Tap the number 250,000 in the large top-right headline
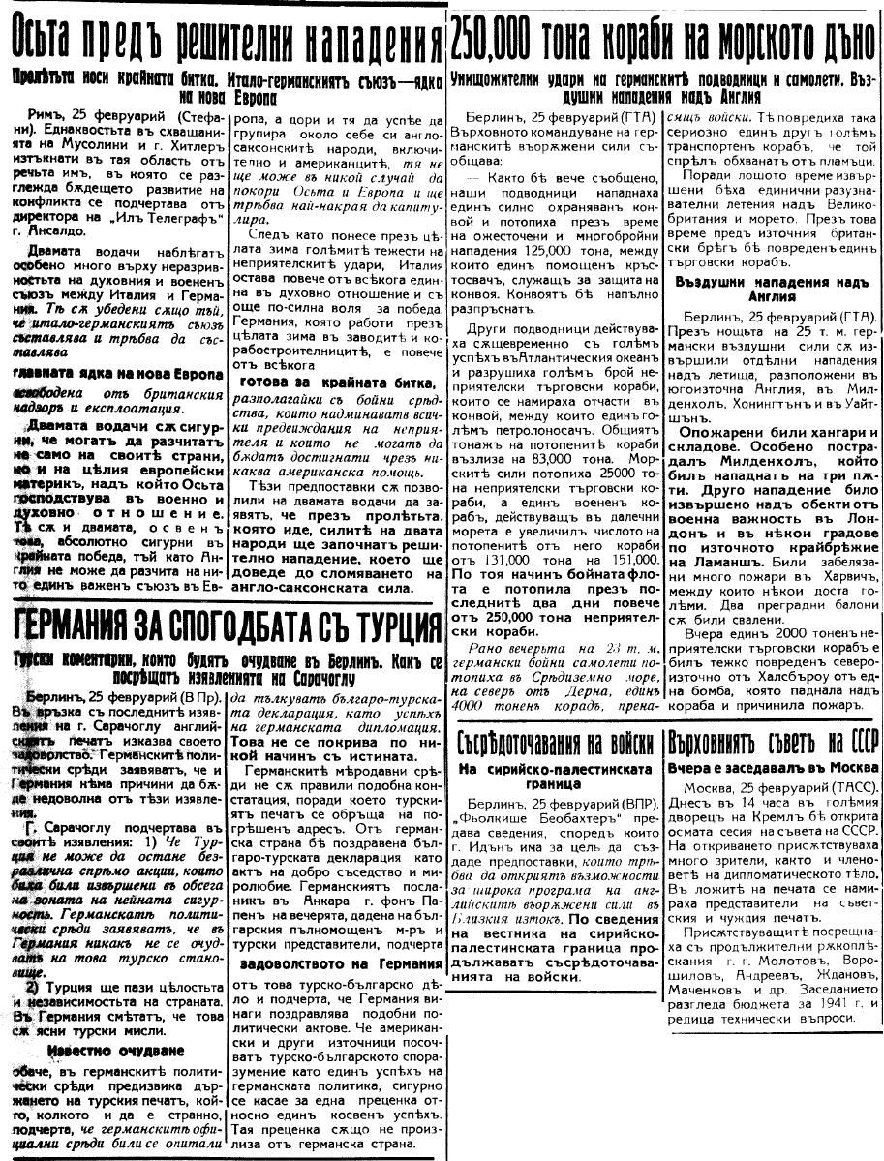(x=505, y=39)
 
